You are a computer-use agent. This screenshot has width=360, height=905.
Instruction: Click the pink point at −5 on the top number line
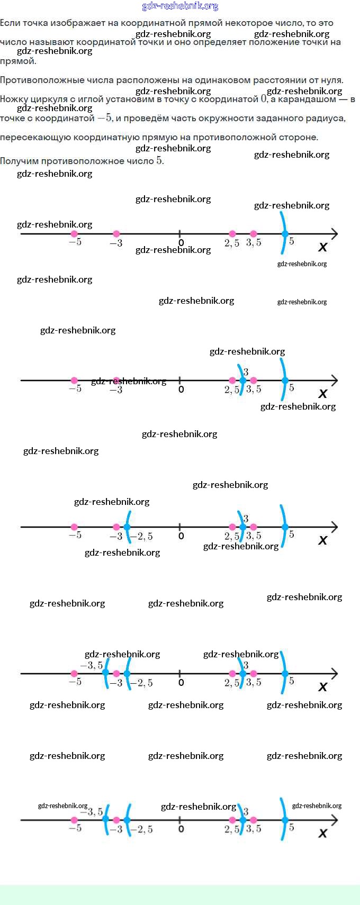(74, 234)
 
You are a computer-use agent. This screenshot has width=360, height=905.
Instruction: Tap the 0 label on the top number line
(181, 243)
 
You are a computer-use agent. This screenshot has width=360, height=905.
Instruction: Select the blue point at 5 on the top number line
(285, 234)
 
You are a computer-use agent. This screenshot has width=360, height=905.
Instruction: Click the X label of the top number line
(322, 247)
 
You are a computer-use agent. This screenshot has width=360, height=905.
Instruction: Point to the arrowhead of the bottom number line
(335, 820)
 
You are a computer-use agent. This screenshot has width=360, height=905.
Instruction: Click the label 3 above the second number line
(246, 372)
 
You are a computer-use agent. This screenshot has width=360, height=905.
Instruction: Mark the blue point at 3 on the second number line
(243, 381)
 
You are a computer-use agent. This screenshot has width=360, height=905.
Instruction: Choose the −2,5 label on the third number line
(141, 537)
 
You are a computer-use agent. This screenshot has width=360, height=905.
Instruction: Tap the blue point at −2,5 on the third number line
(127, 527)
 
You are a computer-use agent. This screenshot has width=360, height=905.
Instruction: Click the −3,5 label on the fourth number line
(91, 665)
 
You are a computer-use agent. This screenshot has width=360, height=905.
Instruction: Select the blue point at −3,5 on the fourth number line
(105, 674)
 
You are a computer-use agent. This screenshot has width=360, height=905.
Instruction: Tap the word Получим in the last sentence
(20, 161)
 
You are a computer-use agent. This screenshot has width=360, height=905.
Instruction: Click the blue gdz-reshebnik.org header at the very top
(180, 6)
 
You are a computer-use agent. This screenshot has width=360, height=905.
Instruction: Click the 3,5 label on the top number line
(254, 243)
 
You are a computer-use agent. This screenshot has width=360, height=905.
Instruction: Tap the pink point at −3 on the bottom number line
(116, 820)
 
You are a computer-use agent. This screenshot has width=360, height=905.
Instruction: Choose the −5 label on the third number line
(75, 535)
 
